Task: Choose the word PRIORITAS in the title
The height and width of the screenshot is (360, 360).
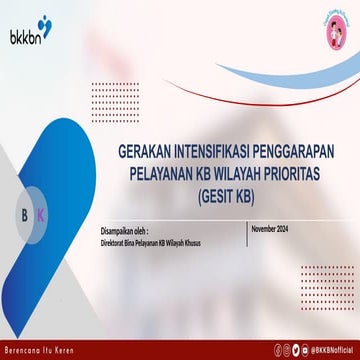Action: [300, 172]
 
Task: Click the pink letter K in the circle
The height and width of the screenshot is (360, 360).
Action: [40, 216]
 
